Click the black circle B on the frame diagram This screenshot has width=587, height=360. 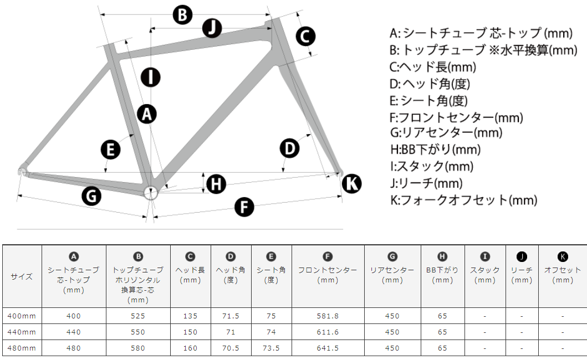(182, 15)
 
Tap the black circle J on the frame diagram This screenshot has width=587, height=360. (212, 28)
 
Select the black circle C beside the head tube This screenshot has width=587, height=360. (305, 37)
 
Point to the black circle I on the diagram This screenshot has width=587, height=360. (151, 78)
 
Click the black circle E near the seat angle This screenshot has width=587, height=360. (110, 150)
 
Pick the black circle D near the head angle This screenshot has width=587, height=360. (289, 148)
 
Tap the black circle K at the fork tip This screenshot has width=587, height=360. (352, 183)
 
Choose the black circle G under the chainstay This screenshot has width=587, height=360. (91, 196)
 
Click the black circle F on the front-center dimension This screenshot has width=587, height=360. (244, 207)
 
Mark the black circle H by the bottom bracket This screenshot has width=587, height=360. (216, 184)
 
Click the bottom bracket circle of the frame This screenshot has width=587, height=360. (151, 193)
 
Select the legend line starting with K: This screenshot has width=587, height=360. (463, 200)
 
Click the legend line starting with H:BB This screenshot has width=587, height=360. (435, 150)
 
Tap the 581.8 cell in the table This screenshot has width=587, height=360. (328, 316)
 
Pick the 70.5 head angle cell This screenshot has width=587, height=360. (231, 348)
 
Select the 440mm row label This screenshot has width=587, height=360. (22, 332)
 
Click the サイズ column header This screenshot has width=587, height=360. (22, 276)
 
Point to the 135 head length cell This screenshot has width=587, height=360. (190, 316)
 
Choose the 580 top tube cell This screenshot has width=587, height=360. (138, 348)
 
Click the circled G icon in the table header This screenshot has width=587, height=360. (392, 256)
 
